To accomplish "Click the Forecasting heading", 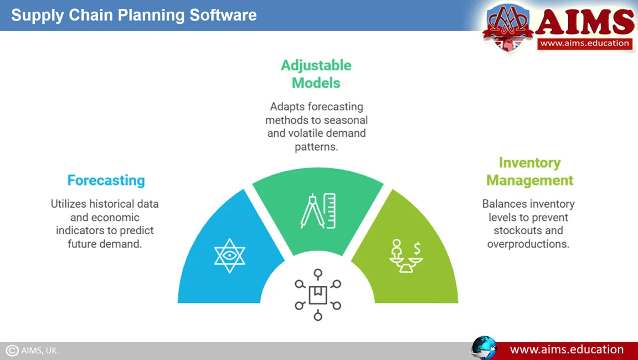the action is [x=106, y=180].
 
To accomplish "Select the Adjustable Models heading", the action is [x=316, y=74].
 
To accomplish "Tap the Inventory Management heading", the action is [x=530, y=171].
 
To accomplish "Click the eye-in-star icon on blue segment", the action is [x=229, y=255].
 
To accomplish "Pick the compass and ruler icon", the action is [x=318, y=210].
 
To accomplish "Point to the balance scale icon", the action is [x=405, y=256].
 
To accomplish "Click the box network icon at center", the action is [x=318, y=295].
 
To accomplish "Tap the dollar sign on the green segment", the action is [x=417, y=248].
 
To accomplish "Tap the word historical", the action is [x=112, y=204].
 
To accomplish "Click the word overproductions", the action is [x=528, y=244].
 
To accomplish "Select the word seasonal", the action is [x=347, y=120].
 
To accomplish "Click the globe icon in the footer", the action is [x=484, y=348].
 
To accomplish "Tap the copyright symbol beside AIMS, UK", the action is [x=12, y=350].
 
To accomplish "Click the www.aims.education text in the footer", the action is [x=567, y=349].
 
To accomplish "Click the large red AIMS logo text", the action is [x=585, y=22].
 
